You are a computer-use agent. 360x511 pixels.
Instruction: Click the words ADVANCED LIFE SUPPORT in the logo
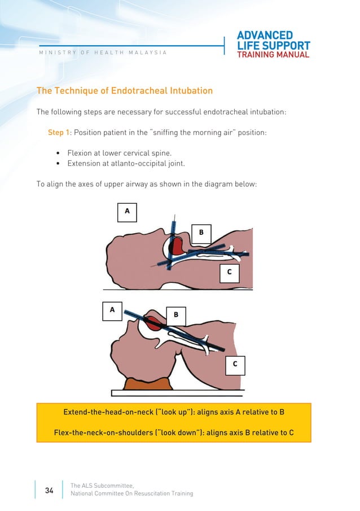tap(273, 41)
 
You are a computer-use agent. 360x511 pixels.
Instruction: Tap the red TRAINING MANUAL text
tap(273, 55)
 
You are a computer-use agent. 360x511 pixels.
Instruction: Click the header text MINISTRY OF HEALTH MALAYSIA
tap(102, 53)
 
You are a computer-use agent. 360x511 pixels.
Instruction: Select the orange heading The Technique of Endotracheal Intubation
tap(125, 90)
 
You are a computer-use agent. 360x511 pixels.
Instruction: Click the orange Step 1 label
tap(58, 132)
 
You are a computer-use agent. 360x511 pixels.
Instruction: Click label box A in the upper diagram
tap(127, 211)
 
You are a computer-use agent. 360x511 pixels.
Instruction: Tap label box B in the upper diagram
tap(201, 232)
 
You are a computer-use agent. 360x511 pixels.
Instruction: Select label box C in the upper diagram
tap(229, 272)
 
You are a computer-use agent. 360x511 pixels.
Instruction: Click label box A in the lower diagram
tap(112, 310)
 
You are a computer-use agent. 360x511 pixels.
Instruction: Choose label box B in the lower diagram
tap(175, 315)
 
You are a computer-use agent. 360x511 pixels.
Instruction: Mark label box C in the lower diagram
tap(235, 365)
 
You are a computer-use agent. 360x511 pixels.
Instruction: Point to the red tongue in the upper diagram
tap(177, 246)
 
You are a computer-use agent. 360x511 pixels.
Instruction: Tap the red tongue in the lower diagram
tap(153, 324)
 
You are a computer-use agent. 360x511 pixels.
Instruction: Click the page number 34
tap(49, 491)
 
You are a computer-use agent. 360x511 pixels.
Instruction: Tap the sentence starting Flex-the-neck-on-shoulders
tap(174, 433)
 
